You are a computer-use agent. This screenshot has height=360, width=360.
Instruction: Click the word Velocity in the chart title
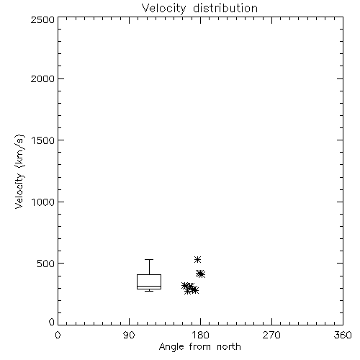(x=164, y=9)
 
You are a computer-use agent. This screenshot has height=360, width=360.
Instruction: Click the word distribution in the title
(x=225, y=8)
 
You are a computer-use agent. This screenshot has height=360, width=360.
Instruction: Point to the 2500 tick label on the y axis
(x=42, y=19)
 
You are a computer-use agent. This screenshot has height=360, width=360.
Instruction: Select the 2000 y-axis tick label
(x=42, y=78)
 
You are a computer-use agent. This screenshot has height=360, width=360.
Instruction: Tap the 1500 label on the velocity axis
(x=43, y=140)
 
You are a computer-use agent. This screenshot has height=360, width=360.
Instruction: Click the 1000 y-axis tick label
(x=43, y=202)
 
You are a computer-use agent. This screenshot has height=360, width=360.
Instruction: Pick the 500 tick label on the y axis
(x=46, y=264)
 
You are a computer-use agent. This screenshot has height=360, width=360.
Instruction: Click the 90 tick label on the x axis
(x=129, y=335)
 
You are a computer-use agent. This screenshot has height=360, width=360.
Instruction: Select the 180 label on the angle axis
(x=200, y=335)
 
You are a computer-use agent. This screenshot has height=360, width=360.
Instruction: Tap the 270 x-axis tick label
(x=271, y=335)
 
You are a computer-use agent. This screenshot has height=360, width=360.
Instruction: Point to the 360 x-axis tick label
(x=343, y=335)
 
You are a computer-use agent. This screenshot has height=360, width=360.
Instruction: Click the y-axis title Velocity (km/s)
(x=19, y=171)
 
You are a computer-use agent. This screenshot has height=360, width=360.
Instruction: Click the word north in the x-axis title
(x=229, y=346)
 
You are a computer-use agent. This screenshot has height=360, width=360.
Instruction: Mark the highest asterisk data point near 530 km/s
(x=197, y=259)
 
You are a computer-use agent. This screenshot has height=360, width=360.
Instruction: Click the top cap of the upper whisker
(x=149, y=259)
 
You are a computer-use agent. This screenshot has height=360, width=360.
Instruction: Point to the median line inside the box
(x=149, y=286)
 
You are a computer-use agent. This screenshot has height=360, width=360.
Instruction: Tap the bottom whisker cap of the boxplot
(x=149, y=291)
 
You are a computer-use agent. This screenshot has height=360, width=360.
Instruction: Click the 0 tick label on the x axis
(x=58, y=335)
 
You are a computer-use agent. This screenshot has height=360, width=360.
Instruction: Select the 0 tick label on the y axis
(x=52, y=322)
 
